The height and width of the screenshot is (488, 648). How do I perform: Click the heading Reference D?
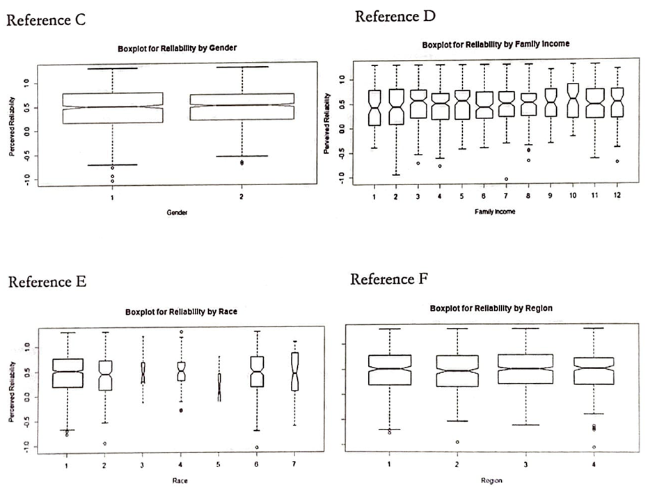[x=396, y=16]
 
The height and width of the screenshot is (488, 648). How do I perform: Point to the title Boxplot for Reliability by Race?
[x=181, y=311]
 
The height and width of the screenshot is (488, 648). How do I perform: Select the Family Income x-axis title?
[x=496, y=212]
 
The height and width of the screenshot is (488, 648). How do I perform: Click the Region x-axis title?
[x=491, y=480]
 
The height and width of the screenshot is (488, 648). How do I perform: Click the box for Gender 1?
[x=112, y=108]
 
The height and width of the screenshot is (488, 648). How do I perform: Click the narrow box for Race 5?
[x=219, y=387]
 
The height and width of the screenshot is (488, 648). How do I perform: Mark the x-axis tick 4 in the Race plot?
[x=181, y=464]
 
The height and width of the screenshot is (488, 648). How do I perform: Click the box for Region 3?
[x=525, y=368]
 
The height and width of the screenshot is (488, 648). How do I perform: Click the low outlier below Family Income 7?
[x=506, y=179]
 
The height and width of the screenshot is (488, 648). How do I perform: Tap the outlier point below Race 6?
[x=257, y=447]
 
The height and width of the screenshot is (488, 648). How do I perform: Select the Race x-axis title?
[x=180, y=480]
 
